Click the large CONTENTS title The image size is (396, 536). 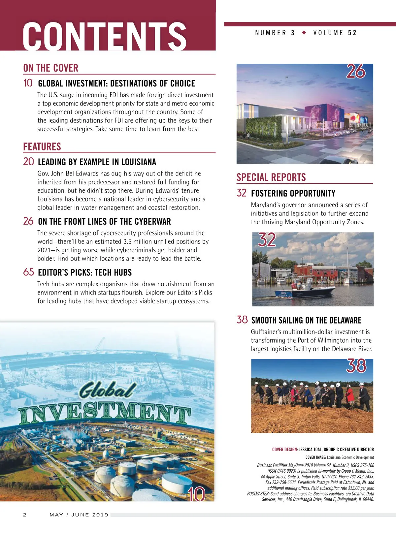coord(105,36)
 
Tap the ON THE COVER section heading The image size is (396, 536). coord(51,68)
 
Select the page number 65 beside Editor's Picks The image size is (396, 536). coord(29,272)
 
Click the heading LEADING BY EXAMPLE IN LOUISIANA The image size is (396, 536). coord(97,162)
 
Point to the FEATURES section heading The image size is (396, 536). coord(42,146)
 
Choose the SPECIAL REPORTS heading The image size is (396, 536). coord(271,177)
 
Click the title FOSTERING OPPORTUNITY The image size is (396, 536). coord(293,193)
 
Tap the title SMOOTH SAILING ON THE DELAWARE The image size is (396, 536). coord(306,320)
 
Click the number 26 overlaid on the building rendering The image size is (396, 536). coord(356,71)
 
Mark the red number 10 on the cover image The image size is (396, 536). coord(196,494)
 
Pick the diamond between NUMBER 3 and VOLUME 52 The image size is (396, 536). coord(304,32)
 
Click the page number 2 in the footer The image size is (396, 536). coord(24,515)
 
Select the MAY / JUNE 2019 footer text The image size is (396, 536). coord(79,515)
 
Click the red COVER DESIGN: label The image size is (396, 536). coord(285,450)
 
